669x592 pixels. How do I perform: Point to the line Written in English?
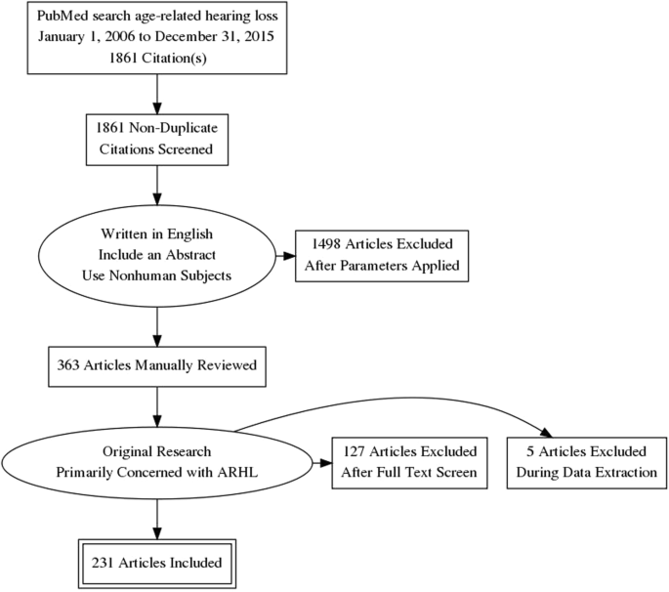(x=157, y=235)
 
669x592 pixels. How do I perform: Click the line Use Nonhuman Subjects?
(x=157, y=276)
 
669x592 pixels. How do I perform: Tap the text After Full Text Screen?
(x=408, y=472)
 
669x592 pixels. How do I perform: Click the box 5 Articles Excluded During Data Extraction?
(x=580, y=462)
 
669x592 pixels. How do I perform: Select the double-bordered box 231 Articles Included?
(x=157, y=562)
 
